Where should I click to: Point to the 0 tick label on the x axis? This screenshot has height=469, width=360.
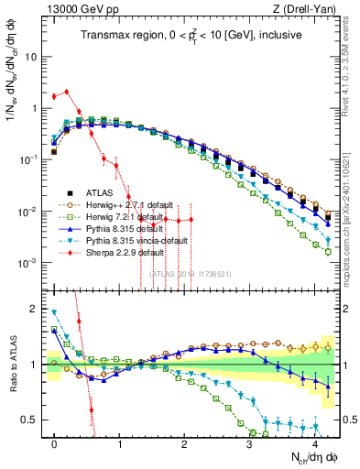55,442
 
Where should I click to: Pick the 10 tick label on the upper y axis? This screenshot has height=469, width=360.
31,57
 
